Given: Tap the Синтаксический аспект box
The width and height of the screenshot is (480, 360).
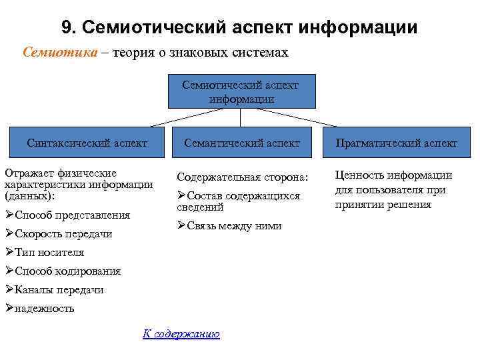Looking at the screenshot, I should pyautogui.click(x=87, y=143).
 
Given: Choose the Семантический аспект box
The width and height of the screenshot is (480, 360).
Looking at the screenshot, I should pyautogui.click(x=241, y=143).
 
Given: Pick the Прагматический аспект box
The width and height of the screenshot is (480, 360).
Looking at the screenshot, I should pyautogui.click(x=396, y=143).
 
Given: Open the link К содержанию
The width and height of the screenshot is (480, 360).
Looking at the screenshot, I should pyautogui.click(x=181, y=334).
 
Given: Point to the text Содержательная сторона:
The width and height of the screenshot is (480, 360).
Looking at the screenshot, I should pyautogui.click(x=243, y=177).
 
